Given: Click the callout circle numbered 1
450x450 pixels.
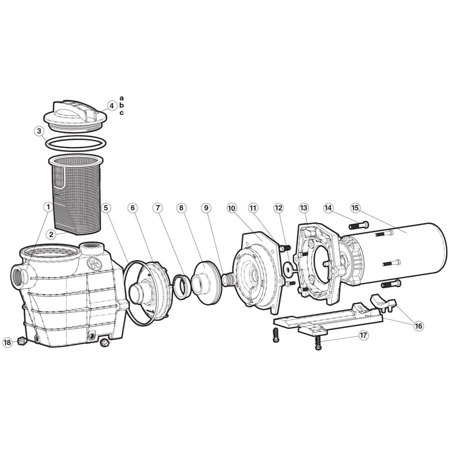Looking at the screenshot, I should coord(48,206).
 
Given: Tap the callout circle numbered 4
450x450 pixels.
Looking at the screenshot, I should coord(112,105).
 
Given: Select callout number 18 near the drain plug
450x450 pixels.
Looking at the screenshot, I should coord(7,342).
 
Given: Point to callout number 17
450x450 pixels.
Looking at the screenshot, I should coord(363,335).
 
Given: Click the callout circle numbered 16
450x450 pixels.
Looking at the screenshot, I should coord(418,326).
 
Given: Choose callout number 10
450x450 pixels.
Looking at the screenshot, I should coord(231,207).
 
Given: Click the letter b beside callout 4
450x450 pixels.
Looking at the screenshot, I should coord(121,105).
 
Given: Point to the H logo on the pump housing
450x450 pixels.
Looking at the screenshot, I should coord(92,264).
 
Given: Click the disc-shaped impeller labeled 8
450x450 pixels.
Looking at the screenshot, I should coord(205,282).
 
